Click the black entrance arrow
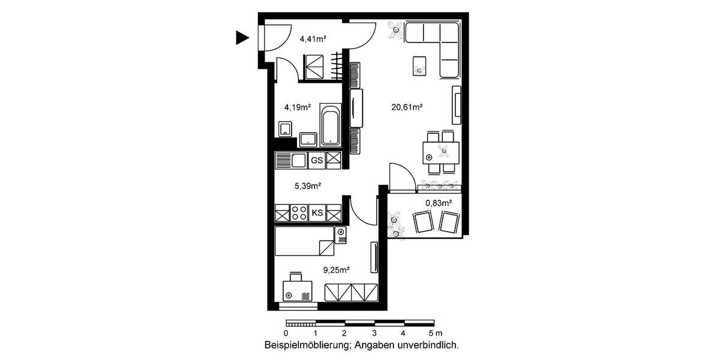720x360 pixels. point(242,38)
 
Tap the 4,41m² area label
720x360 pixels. point(313,40)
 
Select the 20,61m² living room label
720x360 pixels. point(407,108)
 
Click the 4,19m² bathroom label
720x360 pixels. point(297,108)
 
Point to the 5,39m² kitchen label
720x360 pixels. point(307,185)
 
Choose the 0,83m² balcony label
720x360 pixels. point(438,203)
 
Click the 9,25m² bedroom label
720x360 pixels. point(336,271)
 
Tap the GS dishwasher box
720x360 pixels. point(316,161)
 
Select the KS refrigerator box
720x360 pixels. point(316,212)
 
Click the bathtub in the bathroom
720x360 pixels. point(329,125)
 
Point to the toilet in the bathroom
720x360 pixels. point(285,128)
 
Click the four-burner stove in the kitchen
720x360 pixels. point(299,212)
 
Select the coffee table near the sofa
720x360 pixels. point(419,65)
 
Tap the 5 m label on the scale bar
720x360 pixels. point(435,333)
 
